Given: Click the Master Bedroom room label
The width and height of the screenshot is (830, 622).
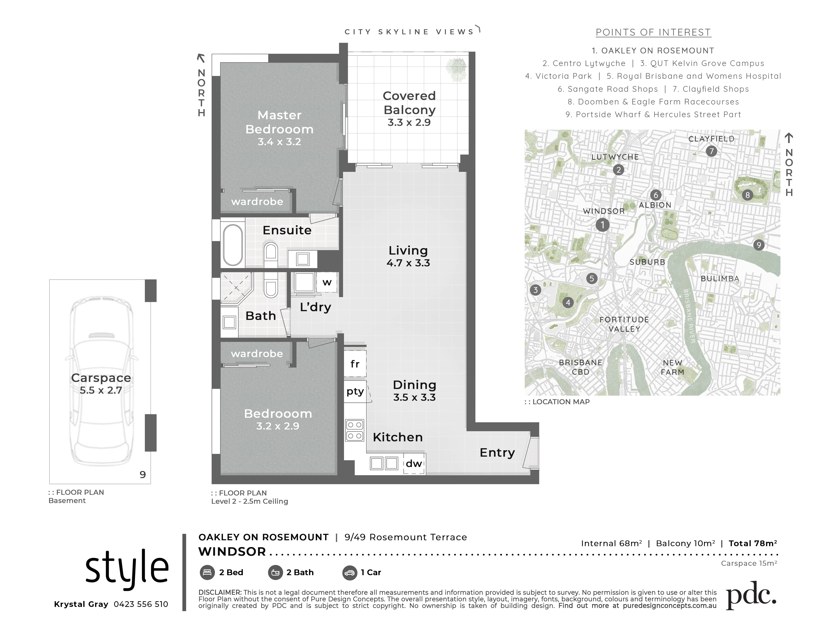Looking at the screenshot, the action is [280, 122].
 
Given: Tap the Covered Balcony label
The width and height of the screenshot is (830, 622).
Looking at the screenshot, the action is [409, 103].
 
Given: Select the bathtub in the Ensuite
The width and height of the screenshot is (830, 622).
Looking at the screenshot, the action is [233, 245].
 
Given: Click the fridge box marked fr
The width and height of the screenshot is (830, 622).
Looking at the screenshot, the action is [355, 364].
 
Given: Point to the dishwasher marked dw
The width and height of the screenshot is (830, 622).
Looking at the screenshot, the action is [414, 464].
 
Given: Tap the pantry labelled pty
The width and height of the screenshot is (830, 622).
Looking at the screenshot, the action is [355, 391].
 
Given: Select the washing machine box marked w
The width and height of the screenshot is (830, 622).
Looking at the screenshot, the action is [327, 282].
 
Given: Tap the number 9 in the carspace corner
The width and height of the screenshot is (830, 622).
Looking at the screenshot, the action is [143, 475].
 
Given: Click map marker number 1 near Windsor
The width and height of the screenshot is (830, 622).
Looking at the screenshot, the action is [603, 225].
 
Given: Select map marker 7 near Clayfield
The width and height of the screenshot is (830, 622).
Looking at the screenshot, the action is [711, 151].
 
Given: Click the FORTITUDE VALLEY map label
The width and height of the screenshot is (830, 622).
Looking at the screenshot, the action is [624, 324].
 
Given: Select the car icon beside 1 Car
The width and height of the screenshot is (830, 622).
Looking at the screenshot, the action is [350, 572].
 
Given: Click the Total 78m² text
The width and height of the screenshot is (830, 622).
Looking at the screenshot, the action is [753, 543].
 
